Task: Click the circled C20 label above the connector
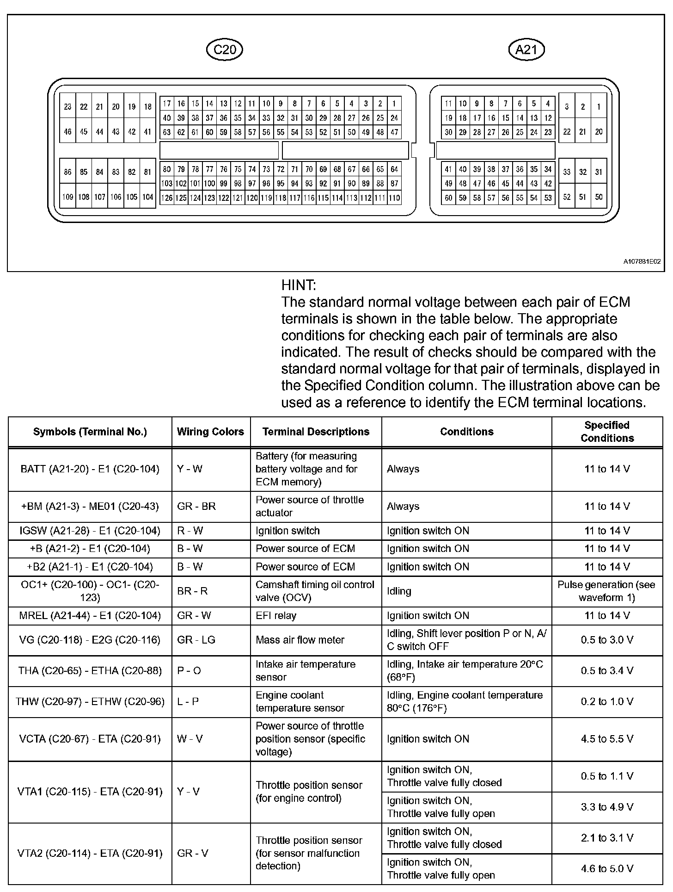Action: [x=225, y=50]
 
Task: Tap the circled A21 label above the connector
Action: [x=526, y=50]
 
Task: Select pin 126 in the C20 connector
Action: [x=167, y=198]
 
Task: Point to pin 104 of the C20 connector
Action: [x=147, y=197]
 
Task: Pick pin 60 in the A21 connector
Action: [x=448, y=198]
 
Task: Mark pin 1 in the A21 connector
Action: [x=599, y=107]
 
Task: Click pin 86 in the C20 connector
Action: [x=68, y=172]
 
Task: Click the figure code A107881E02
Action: [x=642, y=262]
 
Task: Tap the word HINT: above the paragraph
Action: [x=299, y=285]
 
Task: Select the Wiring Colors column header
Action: [x=210, y=432]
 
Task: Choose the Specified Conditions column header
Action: [x=607, y=432]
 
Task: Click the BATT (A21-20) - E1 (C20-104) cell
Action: [x=90, y=469]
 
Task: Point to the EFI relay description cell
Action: [x=276, y=615]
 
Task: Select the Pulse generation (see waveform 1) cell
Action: [x=606, y=591]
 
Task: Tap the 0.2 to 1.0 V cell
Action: [x=606, y=701]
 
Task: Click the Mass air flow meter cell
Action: [x=300, y=640]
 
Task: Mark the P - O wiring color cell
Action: [x=189, y=670]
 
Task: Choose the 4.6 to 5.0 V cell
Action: [x=606, y=868]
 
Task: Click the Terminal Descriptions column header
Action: [x=316, y=432]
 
